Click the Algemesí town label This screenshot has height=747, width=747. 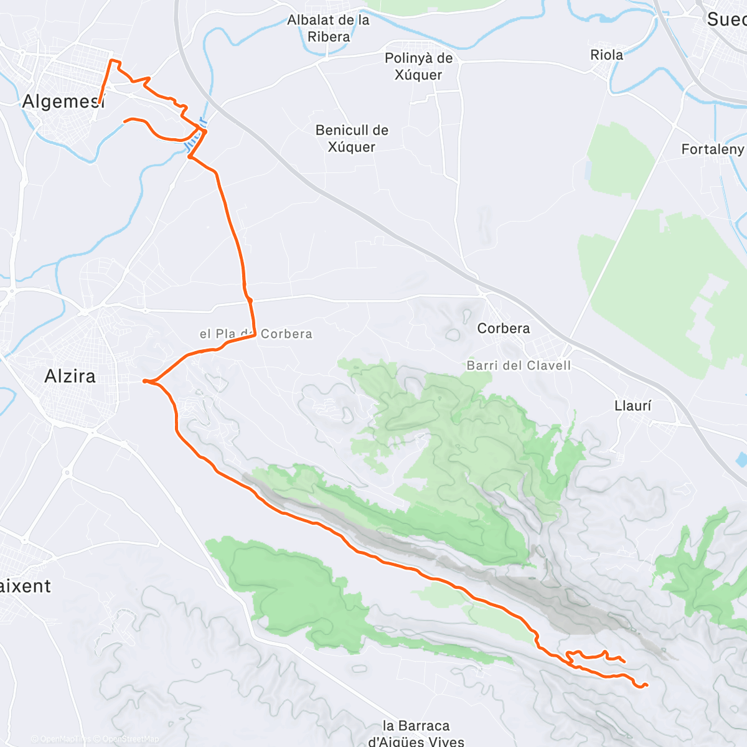tap(63, 101)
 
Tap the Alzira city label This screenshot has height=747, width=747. tap(70, 376)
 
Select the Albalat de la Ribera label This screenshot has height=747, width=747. tap(328, 29)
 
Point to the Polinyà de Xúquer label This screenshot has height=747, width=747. tap(418, 67)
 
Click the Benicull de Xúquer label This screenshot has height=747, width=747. tap(352, 139)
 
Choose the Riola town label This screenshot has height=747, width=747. tap(606, 55)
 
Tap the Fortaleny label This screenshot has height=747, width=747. tap(712, 149)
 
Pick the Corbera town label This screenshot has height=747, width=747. tap(504, 328)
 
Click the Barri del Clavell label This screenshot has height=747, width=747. tap(519, 365)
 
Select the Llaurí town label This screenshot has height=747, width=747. tap(632, 406)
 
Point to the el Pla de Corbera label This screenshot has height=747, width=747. tap(256, 334)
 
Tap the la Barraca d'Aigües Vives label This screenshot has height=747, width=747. tap(416, 733)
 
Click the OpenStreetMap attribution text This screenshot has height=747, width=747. tap(130, 739)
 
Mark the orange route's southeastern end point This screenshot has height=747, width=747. tap(647, 685)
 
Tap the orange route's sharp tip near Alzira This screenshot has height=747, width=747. tap(144, 380)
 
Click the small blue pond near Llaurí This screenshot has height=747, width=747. tap(741, 460)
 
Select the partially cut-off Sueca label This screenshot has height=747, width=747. tap(726, 19)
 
